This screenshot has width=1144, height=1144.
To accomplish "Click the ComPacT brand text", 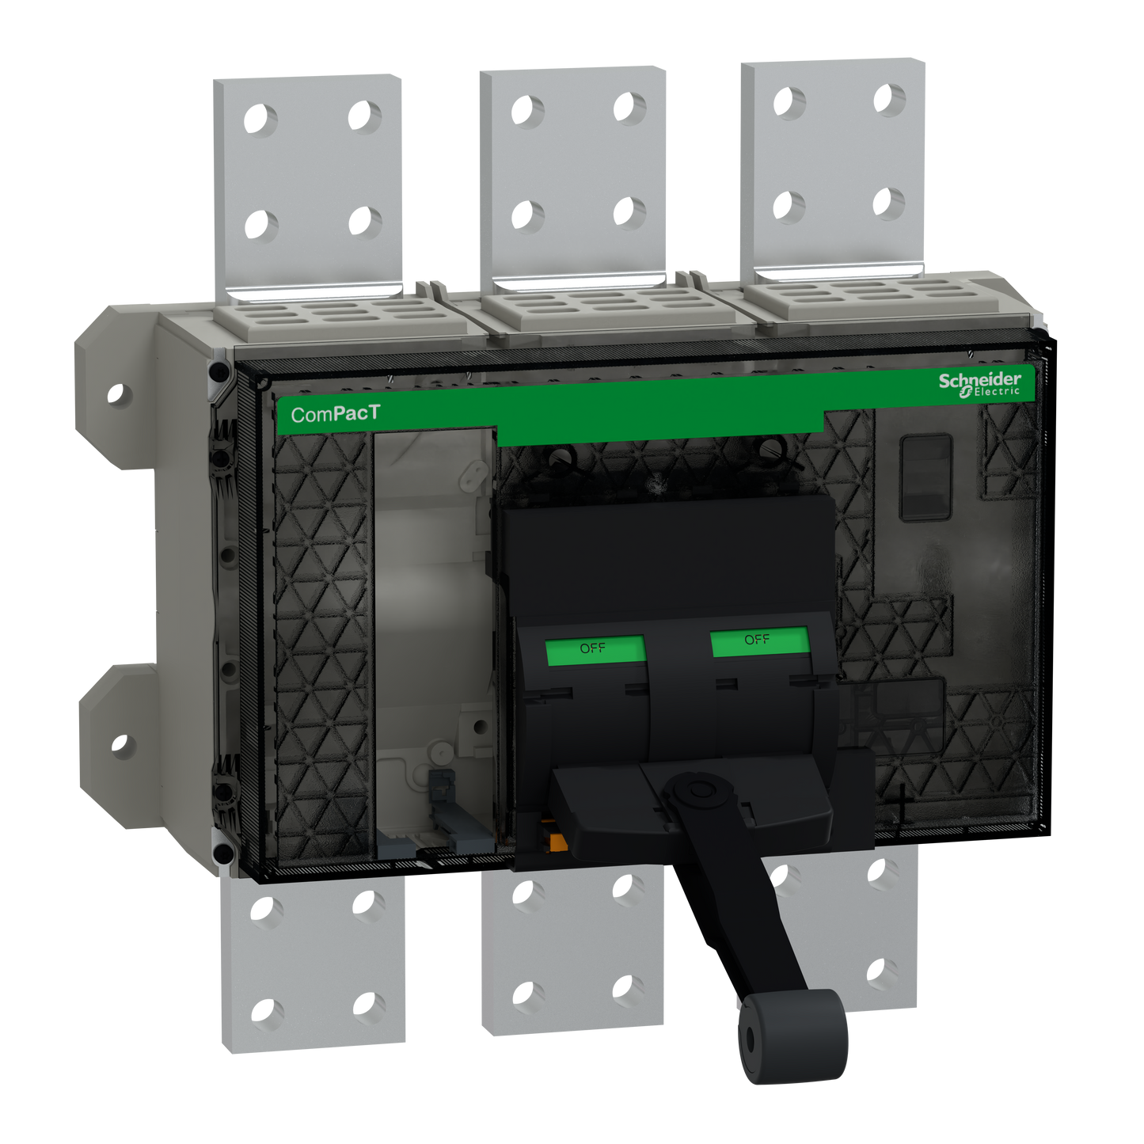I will click(335, 414).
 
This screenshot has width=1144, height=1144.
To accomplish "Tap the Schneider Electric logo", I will click(980, 384).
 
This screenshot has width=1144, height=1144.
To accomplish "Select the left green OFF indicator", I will click(594, 648).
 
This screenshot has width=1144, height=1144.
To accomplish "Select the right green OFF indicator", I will click(758, 640).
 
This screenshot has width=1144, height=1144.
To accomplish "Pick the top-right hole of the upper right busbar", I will click(890, 100).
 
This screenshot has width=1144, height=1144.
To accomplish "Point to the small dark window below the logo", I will click(925, 477).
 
